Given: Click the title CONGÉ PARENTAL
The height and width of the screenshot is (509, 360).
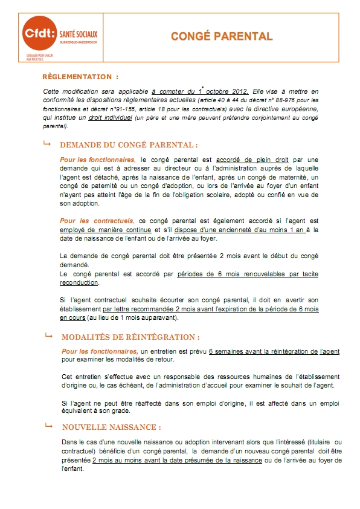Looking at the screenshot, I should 222,36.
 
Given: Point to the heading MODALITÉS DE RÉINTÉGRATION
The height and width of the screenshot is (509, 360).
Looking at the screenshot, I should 130,337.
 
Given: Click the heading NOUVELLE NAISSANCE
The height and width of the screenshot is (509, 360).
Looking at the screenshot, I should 111,427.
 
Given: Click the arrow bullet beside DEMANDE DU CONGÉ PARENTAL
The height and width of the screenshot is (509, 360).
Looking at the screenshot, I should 47,144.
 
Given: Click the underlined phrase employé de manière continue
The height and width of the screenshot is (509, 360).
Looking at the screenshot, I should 100,230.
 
